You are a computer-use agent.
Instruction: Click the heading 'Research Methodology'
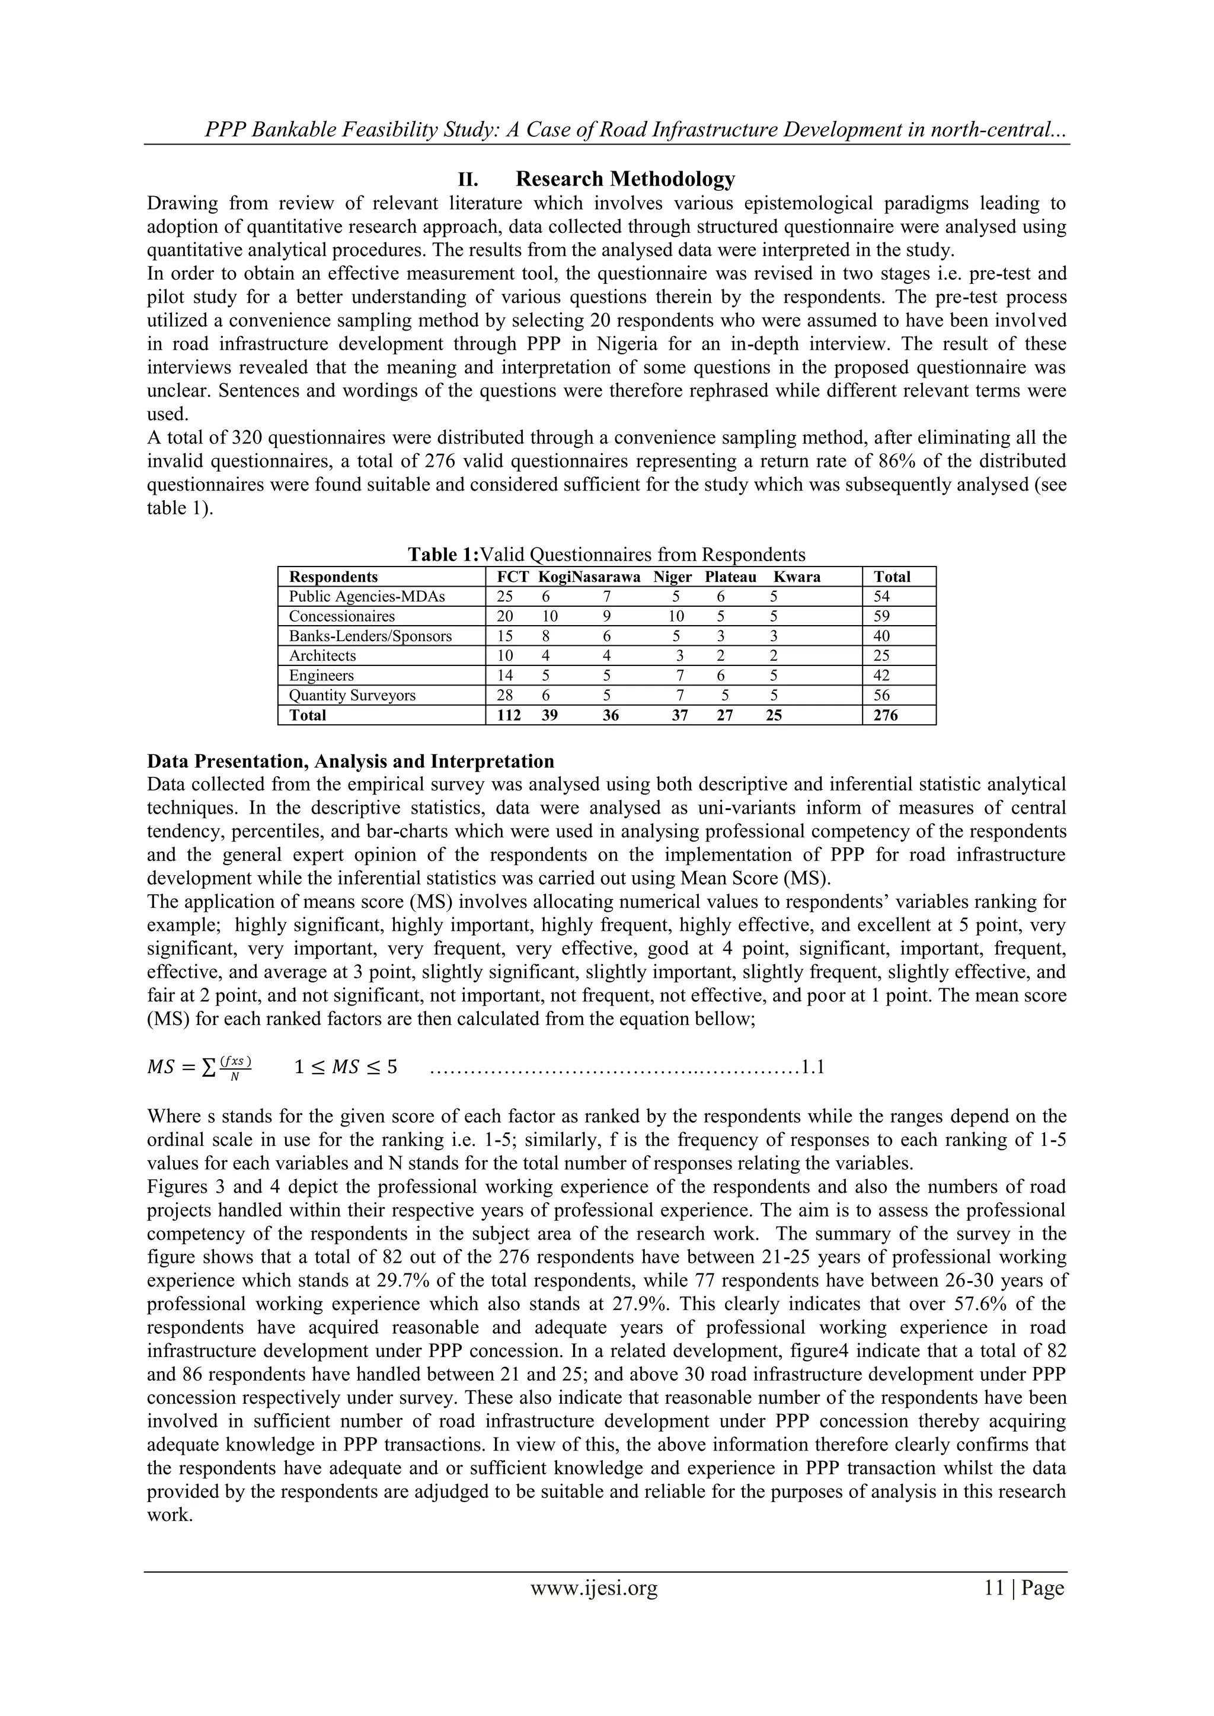(625, 180)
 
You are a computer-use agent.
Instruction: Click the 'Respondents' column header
(333, 577)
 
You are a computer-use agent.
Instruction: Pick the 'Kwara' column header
(796, 577)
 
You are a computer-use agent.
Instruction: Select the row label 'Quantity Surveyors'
(352, 696)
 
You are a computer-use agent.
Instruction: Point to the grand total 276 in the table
(885, 715)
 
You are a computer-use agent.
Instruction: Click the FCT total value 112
(509, 715)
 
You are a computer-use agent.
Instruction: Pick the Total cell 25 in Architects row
(882, 656)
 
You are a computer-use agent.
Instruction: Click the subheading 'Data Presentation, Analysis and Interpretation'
(350, 761)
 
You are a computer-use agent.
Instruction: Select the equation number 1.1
(813, 1067)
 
